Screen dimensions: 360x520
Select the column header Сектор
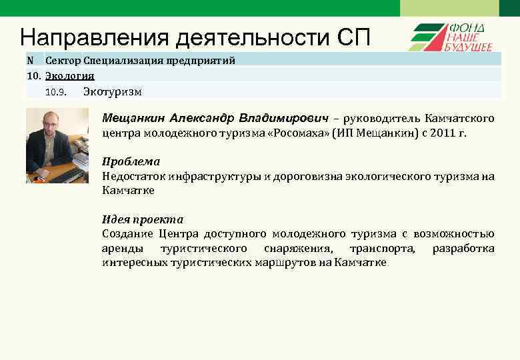coord(63,61)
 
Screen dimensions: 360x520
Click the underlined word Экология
coord(69,75)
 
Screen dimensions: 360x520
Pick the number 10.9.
coord(57,92)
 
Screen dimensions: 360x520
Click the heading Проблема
coord(131,162)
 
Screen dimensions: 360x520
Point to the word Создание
coord(127,233)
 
